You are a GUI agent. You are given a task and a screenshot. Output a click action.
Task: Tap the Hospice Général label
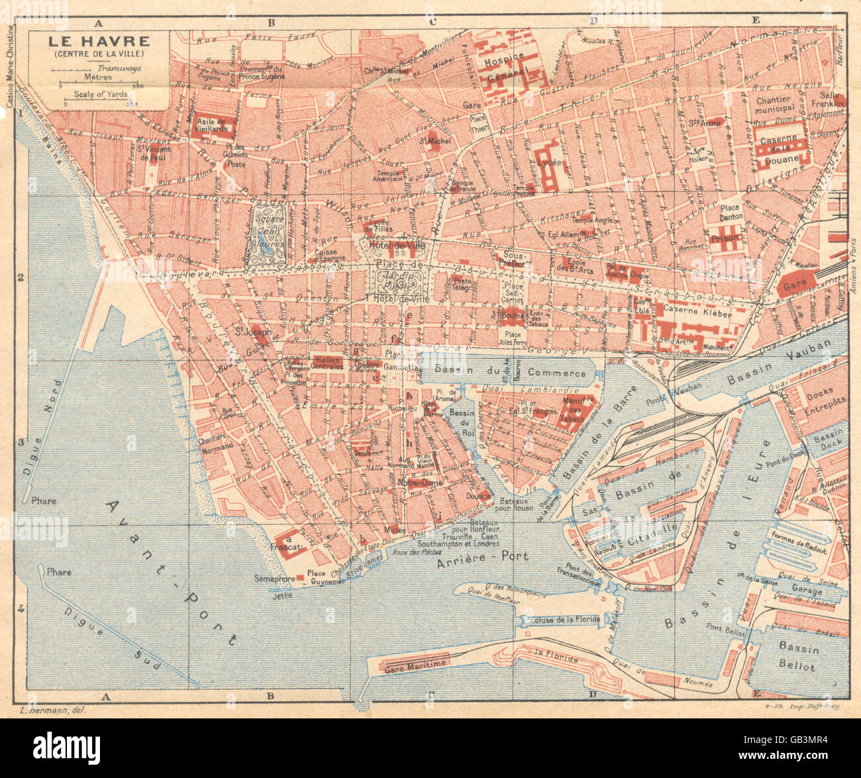[x=505, y=66]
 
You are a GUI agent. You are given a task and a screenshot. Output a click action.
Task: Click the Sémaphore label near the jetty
[x=274, y=579]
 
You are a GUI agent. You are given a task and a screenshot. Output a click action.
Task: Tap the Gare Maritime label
[x=415, y=664]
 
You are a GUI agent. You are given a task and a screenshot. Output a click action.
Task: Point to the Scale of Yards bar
[x=99, y=103]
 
